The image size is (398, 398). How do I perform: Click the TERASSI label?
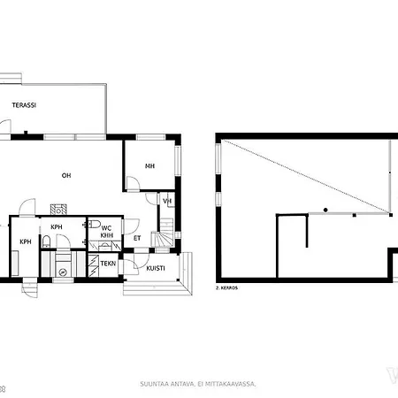(24, 105)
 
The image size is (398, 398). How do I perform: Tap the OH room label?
(66, 175)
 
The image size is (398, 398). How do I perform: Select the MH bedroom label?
(150, 165)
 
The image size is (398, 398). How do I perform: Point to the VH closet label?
(167, 201)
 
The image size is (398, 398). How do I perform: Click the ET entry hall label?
(137, 237)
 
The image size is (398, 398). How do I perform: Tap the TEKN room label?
(107, 263)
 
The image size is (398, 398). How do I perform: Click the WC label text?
(106, 227)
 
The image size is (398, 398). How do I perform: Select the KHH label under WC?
(106, 235)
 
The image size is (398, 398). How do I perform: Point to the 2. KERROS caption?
(227, 288)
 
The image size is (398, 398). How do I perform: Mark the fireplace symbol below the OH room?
(59, 210)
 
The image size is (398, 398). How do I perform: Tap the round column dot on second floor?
(325, 209)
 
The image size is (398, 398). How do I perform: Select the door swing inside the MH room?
(132, 184)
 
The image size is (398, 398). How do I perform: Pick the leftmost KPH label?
(26, 241)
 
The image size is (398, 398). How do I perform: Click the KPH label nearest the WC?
(57, 227)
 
